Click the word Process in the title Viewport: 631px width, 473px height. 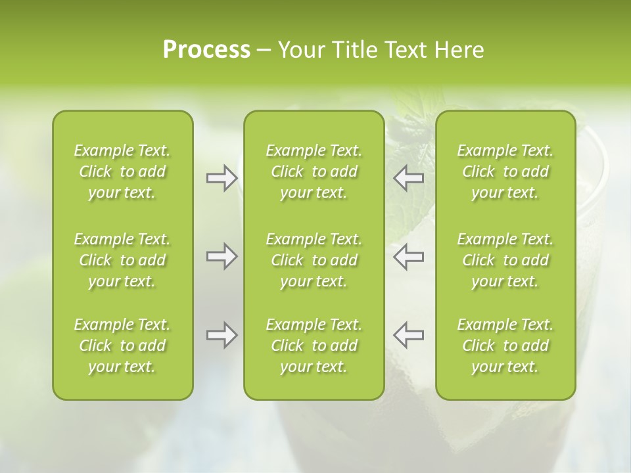tap(206, 50)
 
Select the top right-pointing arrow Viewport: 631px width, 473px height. tap(222, 178)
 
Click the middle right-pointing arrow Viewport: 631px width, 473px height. tap(222, 257)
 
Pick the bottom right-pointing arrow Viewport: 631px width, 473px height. tap(222, 335)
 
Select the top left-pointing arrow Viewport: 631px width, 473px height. tap(409, 178)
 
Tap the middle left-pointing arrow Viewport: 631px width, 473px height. tap(409, 257)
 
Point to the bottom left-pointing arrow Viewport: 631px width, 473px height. tap(409, 335)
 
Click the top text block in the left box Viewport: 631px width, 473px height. tap(122, 171)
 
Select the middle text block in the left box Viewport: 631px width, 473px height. tap(122, 260)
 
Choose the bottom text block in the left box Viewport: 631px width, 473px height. tap(122, 346)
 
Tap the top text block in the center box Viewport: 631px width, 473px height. tap(314, 171)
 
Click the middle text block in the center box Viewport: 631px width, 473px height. tap(314, 260)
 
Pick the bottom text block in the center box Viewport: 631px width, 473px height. tap(314, 346)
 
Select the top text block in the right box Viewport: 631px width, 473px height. tap(505, 171)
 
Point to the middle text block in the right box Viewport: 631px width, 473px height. tap(505, 260)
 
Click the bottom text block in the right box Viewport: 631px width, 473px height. tap(505, 346)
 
